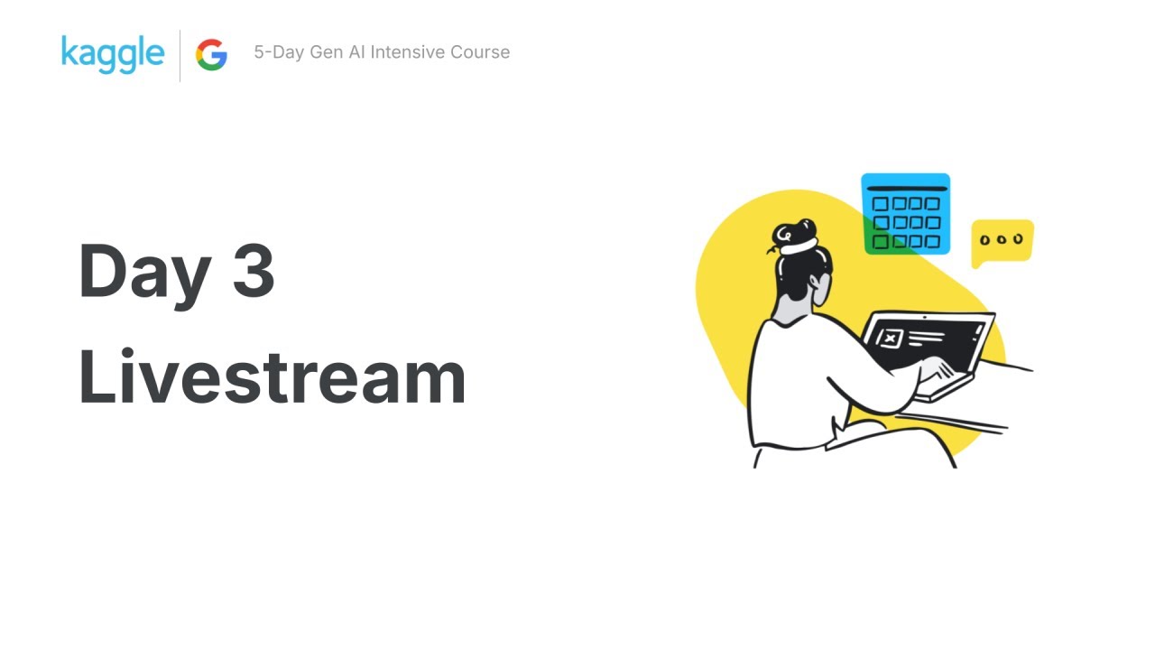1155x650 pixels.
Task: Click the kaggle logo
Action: click(113, 53)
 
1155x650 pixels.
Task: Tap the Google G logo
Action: click(211, 55)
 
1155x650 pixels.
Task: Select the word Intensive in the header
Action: click(414, 52)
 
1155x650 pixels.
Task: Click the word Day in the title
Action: click(145, 271)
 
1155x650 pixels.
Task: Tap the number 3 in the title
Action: click(254, 271)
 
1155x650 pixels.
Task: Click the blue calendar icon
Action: click(905, 214)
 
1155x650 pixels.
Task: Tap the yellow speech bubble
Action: click(1002, 241)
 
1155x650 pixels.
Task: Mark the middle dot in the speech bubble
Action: click(1002, 239)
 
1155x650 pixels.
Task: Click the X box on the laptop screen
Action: click(891, 339)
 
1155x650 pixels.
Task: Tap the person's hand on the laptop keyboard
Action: click(934, 369)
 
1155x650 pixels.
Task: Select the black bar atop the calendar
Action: click(906, 189)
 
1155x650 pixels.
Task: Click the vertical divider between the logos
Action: click(180, 55)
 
